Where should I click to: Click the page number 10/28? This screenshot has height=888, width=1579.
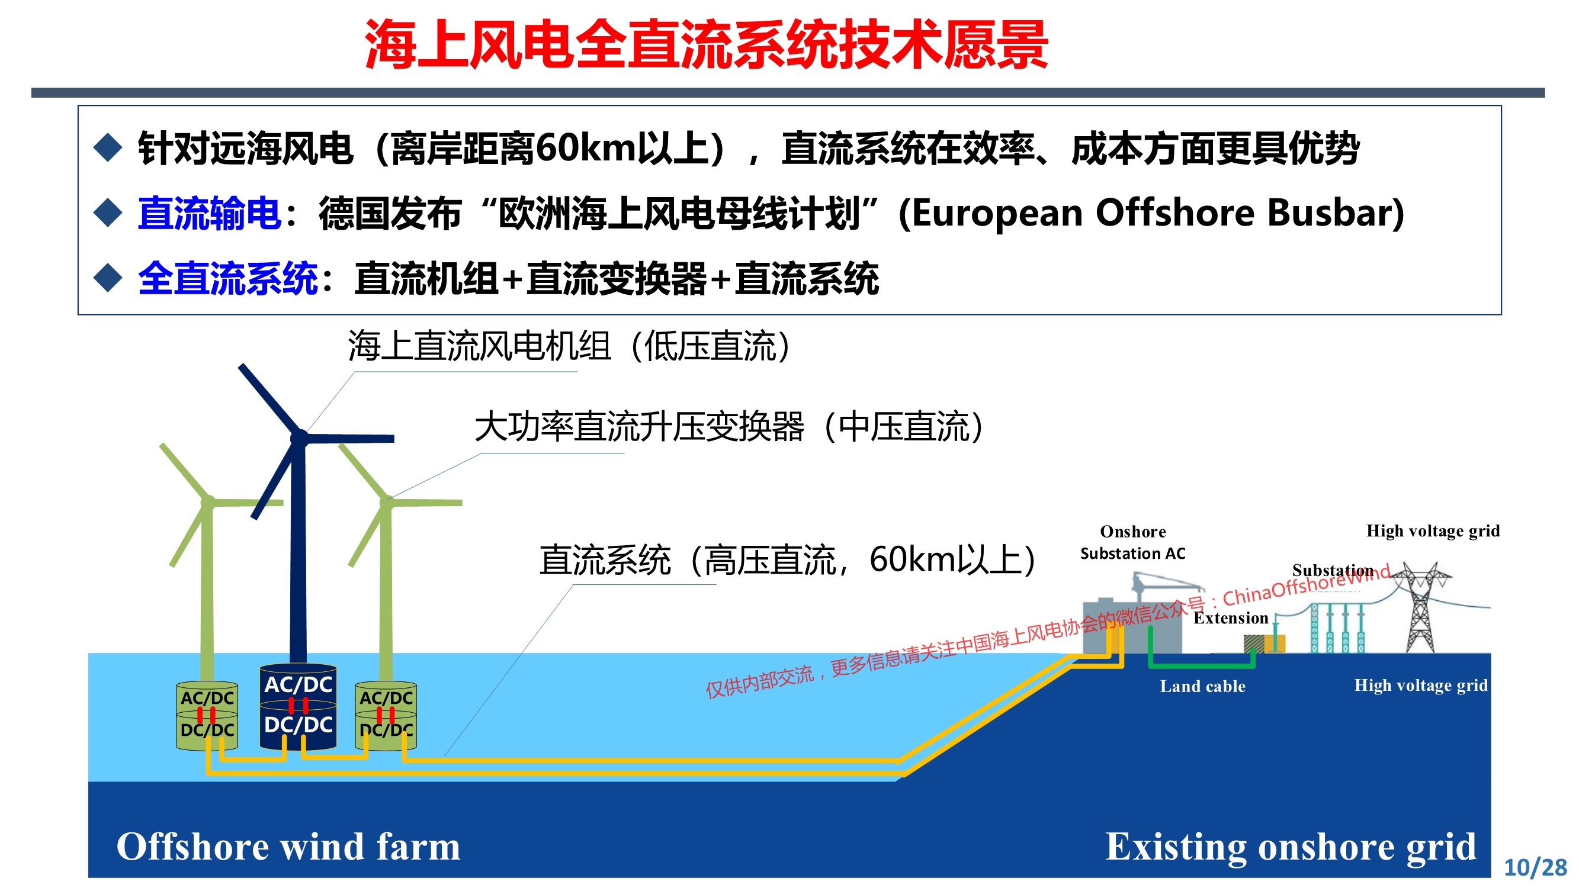click(x=1535, y=868)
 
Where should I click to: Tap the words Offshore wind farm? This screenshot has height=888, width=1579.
click(x=288, y=847)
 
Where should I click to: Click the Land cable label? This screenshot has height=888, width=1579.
click(x=1203, y=686)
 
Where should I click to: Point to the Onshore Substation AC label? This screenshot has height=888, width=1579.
click(x=1133, y=542)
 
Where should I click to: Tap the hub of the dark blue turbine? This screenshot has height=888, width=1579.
click(x=299, y=437)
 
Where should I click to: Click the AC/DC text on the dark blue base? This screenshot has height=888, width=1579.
click(x=299, y=684)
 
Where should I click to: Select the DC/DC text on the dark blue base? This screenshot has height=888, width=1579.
click(x=299, y=725)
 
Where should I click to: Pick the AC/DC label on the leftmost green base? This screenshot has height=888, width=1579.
click(x=207, y=698)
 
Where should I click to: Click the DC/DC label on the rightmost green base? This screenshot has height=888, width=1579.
click(x=386, y=730)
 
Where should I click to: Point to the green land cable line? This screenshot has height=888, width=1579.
click(x=1201, y=664)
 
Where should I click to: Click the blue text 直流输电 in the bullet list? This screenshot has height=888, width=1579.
click(x=210, y=213)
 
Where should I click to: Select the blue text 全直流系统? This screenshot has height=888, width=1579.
click(x=227, y=279)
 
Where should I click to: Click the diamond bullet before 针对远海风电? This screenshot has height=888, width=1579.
click(x=108, y=147)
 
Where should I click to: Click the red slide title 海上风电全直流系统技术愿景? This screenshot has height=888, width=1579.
click(x=706, y=45)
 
